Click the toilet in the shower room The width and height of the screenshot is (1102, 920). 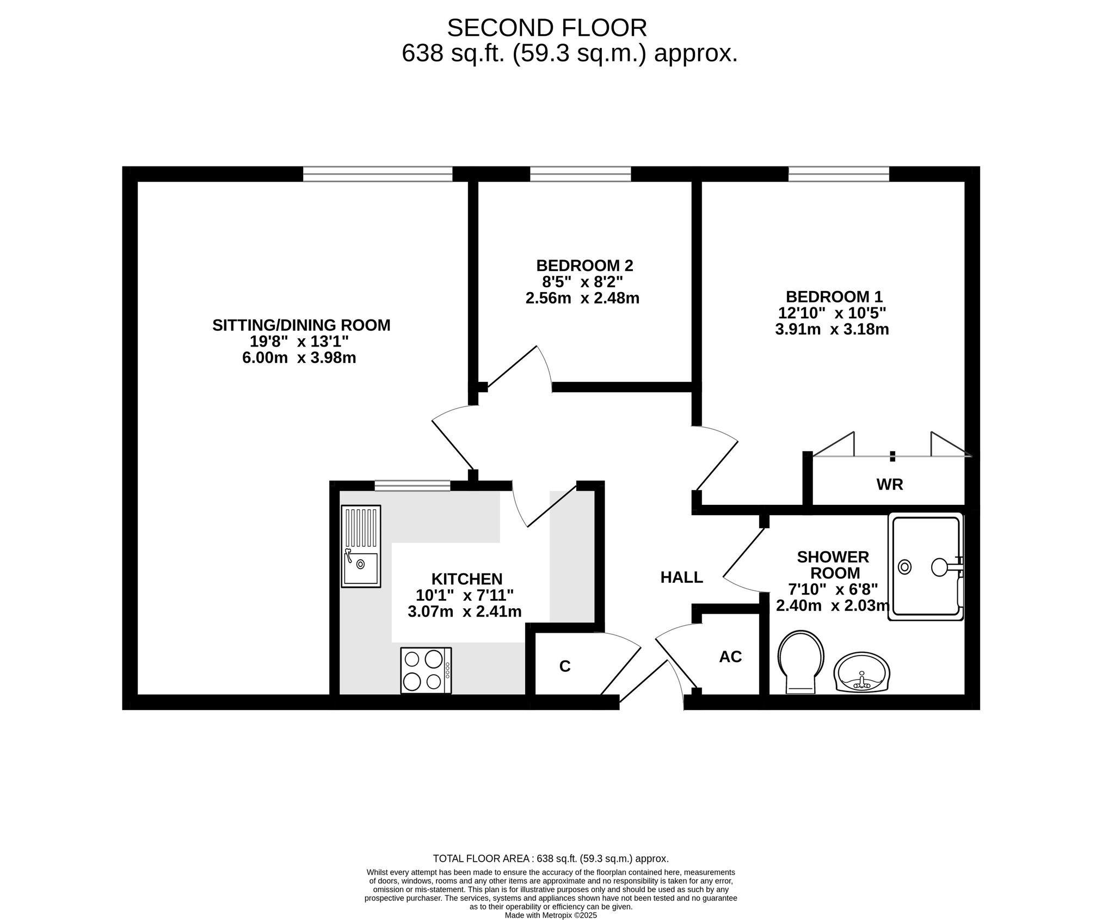801,661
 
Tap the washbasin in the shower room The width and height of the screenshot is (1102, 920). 862,673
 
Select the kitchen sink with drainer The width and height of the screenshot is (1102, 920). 361,546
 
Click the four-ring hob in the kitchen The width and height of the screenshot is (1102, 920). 426,670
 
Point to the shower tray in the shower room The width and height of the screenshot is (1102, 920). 926,566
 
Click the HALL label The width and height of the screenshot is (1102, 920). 681,577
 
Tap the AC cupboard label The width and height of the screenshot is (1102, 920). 730,657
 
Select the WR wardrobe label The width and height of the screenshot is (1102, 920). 890,484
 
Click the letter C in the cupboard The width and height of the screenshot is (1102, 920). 565,666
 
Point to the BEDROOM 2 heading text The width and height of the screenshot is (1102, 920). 584,265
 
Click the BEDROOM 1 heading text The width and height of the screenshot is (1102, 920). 834,297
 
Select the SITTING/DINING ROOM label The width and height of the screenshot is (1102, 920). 301,325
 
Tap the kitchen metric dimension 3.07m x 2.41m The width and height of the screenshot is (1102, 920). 465,612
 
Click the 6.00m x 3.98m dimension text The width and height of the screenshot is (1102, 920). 299,358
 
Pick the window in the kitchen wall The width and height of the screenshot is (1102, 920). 413,486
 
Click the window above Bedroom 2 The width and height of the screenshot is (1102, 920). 581,174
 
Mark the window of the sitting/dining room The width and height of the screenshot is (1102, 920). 378,174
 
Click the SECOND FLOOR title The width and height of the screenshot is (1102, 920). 547,28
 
